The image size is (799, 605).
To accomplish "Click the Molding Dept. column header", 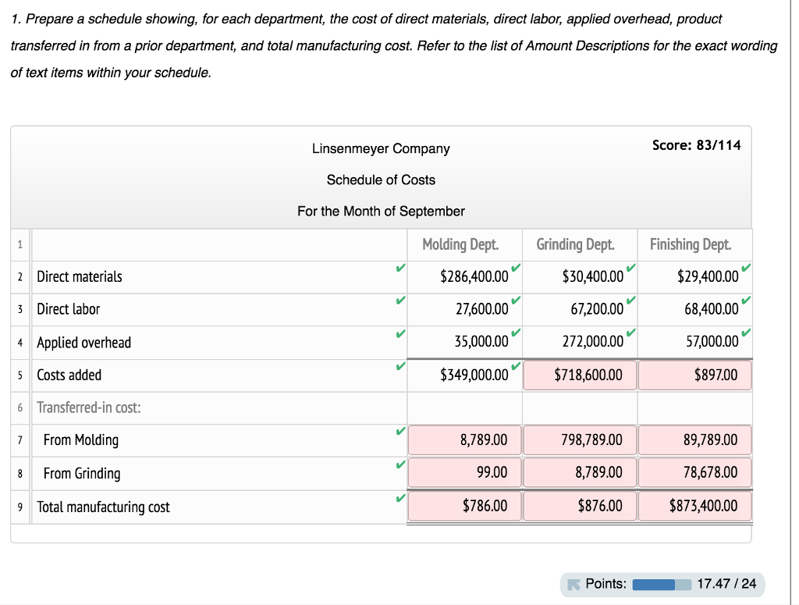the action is coord(460,244).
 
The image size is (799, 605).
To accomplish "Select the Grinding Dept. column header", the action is coord(575,244).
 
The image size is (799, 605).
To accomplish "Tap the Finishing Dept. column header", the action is coord(691,244).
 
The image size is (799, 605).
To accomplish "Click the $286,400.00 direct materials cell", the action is coord(474,276).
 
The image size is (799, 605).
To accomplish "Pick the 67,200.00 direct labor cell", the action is coord(597,309).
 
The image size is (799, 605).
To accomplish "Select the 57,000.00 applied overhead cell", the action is coord(712,341).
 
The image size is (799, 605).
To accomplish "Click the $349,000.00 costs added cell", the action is coord(474,375).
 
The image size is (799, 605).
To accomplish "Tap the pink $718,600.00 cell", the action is coord(580,375).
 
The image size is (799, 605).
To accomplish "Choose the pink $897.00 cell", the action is coord(695,375).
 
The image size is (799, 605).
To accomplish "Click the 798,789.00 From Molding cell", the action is coord(580,440).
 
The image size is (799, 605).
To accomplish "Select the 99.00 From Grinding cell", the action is coord(465,472).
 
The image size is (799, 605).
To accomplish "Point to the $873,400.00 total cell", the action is coord(695,506).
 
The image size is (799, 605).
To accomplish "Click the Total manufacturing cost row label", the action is coord(104,507).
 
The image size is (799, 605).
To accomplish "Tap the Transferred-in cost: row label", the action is coord(89,407).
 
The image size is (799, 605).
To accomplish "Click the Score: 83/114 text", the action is coord(697,145).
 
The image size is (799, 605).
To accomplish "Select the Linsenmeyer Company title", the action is coord(381,149).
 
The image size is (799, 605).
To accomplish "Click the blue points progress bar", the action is coord(662,584).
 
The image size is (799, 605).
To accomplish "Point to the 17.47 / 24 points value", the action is coord(726,584).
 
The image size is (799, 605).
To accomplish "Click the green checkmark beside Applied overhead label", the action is coord(400,334).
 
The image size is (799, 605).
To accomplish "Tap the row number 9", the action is coord(20,507).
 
